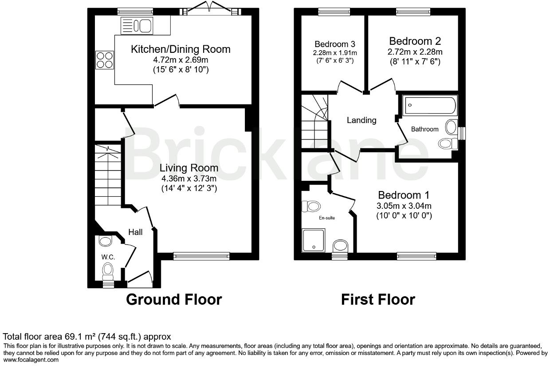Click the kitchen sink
137,26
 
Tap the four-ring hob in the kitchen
105,60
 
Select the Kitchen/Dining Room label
181,49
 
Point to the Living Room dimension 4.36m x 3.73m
189,178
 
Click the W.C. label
108,257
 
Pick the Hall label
135,232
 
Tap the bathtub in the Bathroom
430,105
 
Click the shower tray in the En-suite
314,240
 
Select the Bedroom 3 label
335,44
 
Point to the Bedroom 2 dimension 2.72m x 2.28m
415,52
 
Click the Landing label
361,120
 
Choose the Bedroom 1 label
404,195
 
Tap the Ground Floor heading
174,300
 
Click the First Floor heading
378,300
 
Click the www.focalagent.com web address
31,360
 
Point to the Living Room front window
201,256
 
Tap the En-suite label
327,218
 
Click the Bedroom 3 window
334,12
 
